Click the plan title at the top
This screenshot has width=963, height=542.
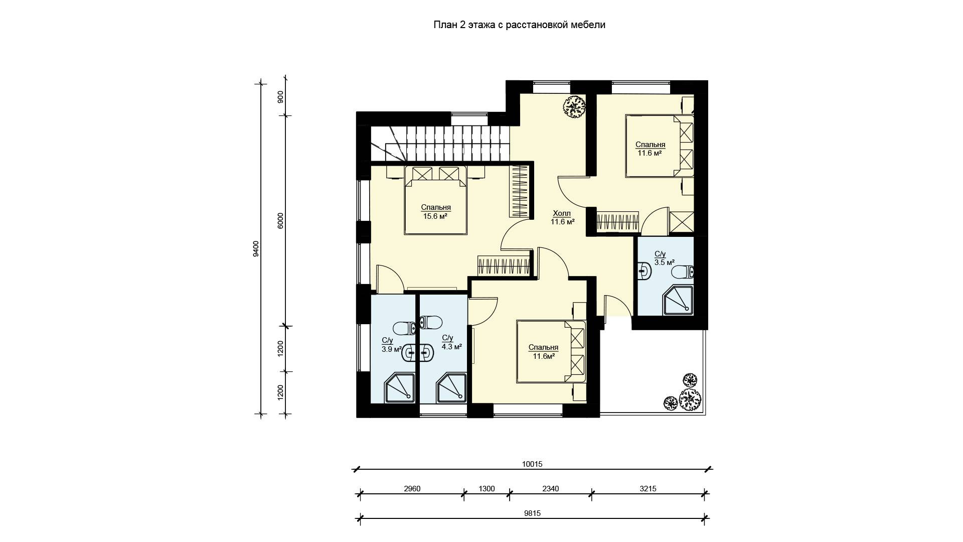[519, 25]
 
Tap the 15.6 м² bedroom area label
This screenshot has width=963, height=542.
[435, 212]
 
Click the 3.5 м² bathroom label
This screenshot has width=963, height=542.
[664, 258]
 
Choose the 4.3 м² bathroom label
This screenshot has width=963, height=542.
[451, 342]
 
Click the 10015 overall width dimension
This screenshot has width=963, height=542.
[532, 464]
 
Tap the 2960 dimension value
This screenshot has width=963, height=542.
[412, 489]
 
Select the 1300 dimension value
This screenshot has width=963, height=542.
[487, 489]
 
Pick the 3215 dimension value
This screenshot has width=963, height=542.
[648, 489]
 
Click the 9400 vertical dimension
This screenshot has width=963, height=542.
[256, 248]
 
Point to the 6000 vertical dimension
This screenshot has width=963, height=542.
[281, 221]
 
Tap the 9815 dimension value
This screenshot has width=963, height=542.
[532, 513]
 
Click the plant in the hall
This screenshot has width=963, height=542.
[574, 106]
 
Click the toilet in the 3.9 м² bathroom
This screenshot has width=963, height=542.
[405, 329]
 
